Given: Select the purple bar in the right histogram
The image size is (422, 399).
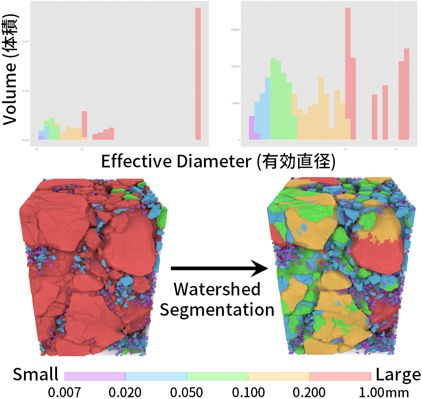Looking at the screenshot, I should [251, 128].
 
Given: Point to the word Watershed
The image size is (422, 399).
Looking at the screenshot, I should [217, 289].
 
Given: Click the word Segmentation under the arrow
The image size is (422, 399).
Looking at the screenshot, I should [217, 309].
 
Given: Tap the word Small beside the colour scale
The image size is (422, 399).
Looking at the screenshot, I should [36, 375].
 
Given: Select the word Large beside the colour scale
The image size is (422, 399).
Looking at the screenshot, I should [398, 375].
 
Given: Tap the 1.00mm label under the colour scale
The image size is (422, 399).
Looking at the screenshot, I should [383, 391].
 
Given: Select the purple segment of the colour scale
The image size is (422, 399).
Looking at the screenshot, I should [95, 376].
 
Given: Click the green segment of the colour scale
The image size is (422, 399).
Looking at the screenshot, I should [218, 376].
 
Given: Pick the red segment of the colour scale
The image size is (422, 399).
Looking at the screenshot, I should [340, 376].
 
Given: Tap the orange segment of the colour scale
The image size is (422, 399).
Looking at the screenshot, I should [279, 376].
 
